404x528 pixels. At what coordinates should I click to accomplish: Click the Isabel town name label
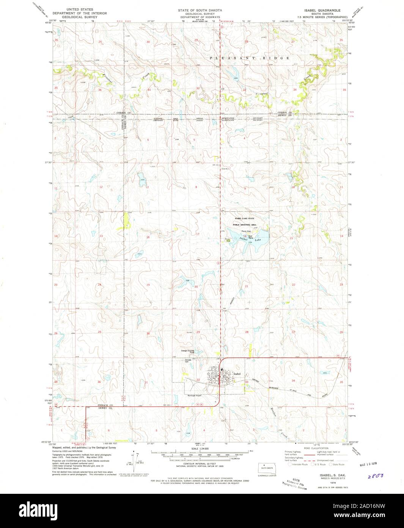238,374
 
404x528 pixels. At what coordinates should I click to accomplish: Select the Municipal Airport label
196,395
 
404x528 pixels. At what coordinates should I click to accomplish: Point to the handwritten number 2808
375,475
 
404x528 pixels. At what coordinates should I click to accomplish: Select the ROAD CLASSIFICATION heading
316,448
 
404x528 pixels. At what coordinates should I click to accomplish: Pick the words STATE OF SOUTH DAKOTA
201,10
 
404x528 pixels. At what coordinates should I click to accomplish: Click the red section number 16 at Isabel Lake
245,236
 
